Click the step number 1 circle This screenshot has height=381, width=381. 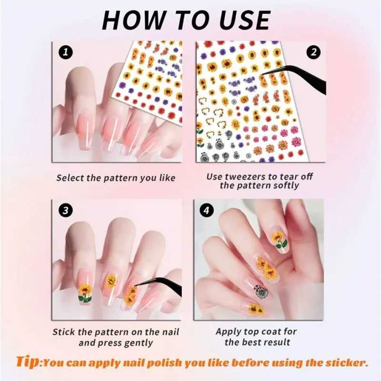pyautogui.click(x=65, y=52)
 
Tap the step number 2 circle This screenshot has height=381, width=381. pyautogui.click(x=313, y=52)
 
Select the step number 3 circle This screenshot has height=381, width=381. pyautogui.click(x=65, y=211)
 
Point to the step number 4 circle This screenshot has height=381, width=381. pyautogui.click(x=206, y=211)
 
